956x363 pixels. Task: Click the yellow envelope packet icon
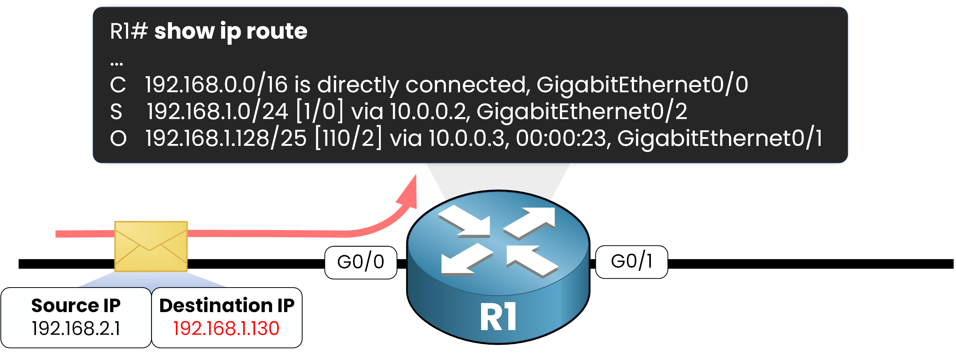[x=151, y=246]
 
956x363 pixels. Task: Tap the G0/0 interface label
[x=361, y=262]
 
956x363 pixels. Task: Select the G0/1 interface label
[x=632, y=262]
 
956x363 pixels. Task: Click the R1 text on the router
[x=498, y=317]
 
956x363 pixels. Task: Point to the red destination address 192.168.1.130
[x=226, y=329]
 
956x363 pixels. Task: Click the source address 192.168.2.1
[x=76, y=329]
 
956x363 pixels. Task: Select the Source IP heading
[x=76, y=306]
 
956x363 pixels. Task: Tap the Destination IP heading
[x=227, y=306]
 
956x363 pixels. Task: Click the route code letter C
[x=118, y=85]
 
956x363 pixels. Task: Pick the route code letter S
[x=116, y=112]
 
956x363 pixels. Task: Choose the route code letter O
[x=118, y=138]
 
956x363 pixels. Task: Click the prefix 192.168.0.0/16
[x=216, y=85]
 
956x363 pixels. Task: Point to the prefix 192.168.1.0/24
[x=217, y=112]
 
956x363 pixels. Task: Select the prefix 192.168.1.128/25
[x=226, y=138]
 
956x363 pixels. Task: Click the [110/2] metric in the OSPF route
[x=348, y=138]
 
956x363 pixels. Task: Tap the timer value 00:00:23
[x=561, y=138]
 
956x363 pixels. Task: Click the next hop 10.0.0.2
[x=428, y=112]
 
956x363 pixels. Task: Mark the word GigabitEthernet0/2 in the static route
[x=582, y=112]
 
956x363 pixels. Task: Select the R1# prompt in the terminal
[x=129, y=31]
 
